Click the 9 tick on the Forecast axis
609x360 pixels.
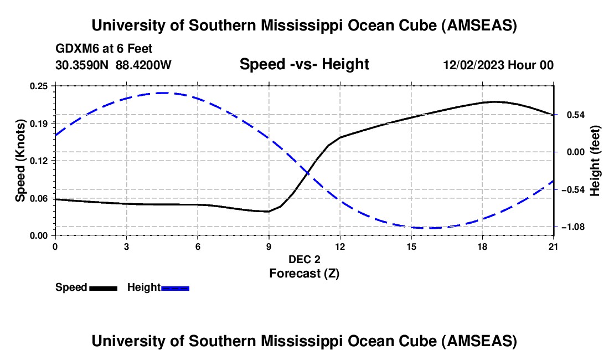point(269,246)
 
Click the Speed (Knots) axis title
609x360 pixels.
point(20,161)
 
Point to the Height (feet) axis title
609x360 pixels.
point(595,161)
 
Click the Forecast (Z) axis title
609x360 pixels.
point(304,273)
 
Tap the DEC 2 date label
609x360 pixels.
point(304,259)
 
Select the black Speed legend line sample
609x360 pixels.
point(103,287)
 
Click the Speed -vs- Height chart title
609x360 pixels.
point(304,64)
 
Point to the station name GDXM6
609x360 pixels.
point(77,49)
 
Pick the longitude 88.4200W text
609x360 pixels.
point(143,65)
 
